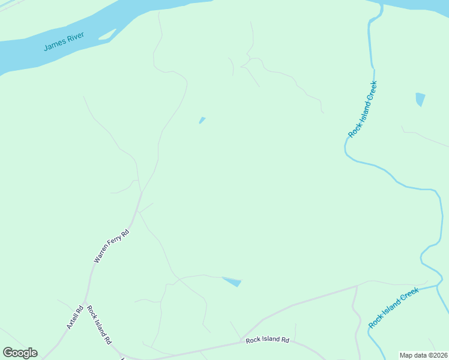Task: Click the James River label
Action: tap(64, 42)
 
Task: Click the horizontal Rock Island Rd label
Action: tap(267, 340)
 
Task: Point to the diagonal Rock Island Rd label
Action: tap(99, 325)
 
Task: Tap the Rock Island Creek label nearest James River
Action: tap(363, 109)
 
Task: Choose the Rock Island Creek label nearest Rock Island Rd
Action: tap(394, 308)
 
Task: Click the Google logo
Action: tap(20, 353)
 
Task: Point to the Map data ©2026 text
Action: tap(423, 355)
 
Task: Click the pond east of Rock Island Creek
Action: tap(420, 99)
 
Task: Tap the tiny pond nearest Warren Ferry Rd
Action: tap(202, 120)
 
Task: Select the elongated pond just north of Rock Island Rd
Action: tap(232, 281)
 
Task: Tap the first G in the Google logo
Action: tap(7, 353)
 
